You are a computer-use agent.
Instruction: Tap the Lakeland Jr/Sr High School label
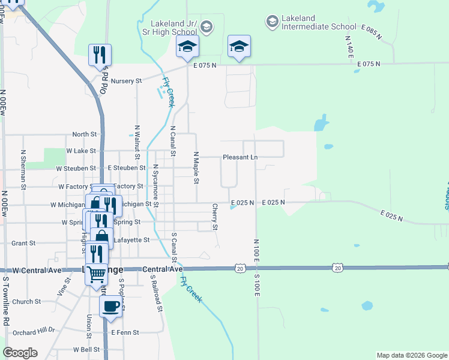pyautogui.click(x=170, y=27)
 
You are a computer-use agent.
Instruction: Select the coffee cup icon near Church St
pyautogui.click(x=110, y=307)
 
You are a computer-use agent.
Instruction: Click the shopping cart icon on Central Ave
pyautogui.click(x=97, y=274)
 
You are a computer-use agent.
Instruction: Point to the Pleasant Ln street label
pyautogui.click(x=240, y=157)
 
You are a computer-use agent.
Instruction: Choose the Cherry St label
pyautogui.click(x=214, y=217)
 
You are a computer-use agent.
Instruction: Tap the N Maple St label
pyautogui.click(x=196, y=167)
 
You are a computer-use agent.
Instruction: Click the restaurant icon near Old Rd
pyautogui.click(x=100, y=55)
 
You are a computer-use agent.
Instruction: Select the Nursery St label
pyautogui.click(x=126, y=80)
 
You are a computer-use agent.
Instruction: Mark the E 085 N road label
pyautogui.click(x=372, y=32)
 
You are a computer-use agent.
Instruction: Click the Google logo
pyautogui.click(x=20, y=353)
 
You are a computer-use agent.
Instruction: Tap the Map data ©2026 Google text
pyautogui.click(x=412, y=355)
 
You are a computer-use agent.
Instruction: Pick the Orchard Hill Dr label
pyautogui.click(x=34, y=330)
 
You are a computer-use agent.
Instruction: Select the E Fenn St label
pyautogui.click(x=125, y=332)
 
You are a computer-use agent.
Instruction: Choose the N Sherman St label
pyautogui.click(x=23, y=170)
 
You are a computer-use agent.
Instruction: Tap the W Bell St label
pyautogui.click(x=86, y=349)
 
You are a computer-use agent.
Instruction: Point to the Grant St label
pyautogui.click(x=24, y=243)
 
